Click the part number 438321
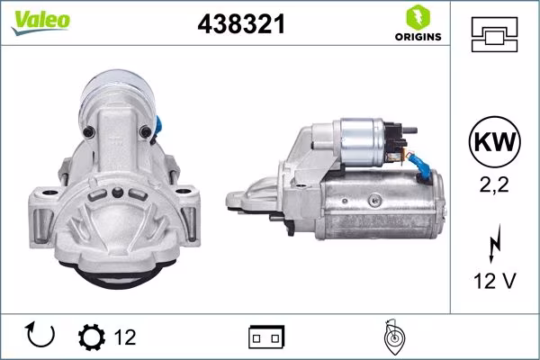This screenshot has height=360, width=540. click(x=240, y=25)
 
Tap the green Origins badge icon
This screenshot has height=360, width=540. click(x=417, y=17)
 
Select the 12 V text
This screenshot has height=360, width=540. click(x=494, y=281)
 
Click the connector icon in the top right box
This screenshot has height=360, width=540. click(x=494, y=35)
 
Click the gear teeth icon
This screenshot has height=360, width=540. click(x=91, y=337)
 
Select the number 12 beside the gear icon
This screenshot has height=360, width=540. click(x=125, y=337)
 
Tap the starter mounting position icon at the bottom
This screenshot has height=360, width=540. click(x=392, y=337)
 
